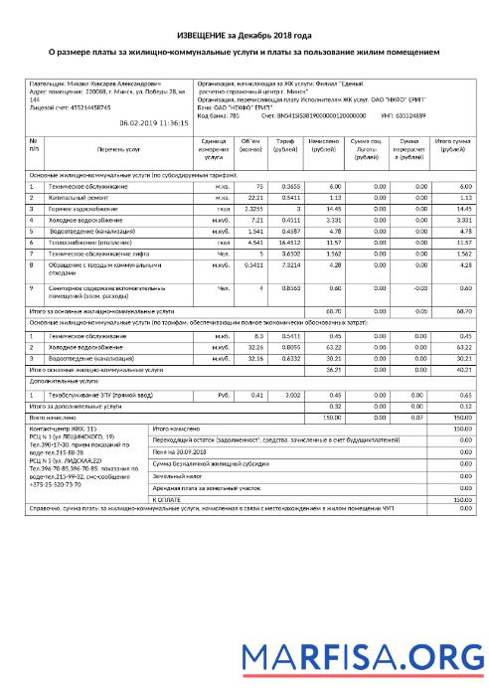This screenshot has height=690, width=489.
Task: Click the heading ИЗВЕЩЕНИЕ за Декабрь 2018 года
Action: click(244, 35)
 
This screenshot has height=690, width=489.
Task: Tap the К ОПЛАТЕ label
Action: click(168, 499)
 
